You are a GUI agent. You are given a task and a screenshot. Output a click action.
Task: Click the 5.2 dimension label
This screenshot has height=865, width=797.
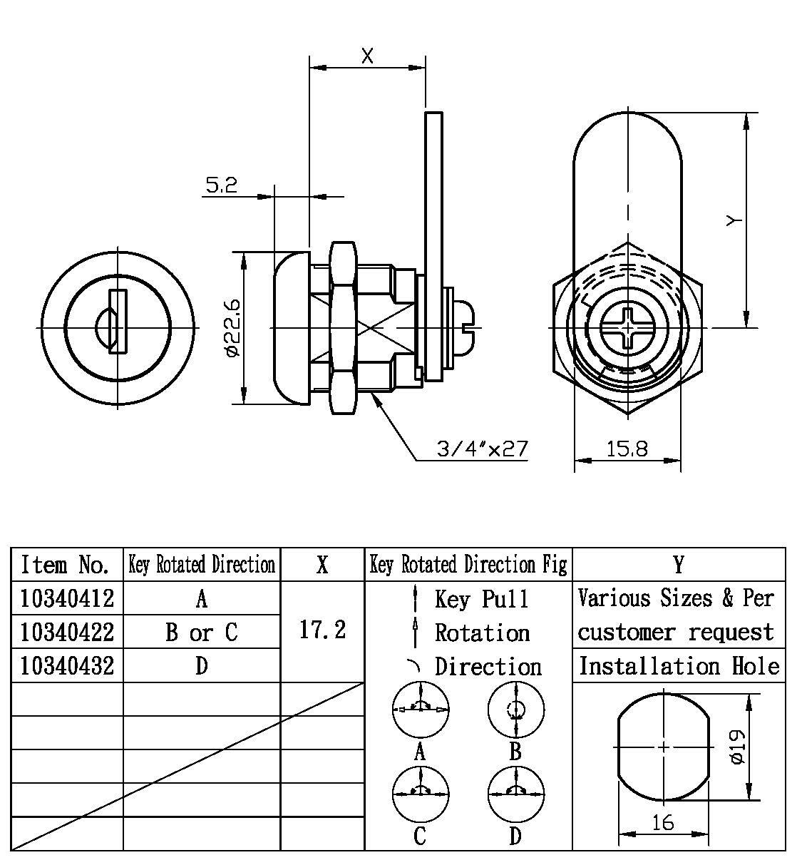pos(221,185)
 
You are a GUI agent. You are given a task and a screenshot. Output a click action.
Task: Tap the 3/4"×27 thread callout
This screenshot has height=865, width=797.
pos(482,449)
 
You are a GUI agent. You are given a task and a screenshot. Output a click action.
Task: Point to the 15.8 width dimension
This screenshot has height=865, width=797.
pos(627,449)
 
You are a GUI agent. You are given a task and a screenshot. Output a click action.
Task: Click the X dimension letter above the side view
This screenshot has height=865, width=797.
pos(367,56)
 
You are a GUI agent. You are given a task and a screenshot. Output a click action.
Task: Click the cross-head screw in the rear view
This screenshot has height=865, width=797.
pos(628,329)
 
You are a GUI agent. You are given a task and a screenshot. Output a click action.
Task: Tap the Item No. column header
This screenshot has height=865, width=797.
pos(66,565)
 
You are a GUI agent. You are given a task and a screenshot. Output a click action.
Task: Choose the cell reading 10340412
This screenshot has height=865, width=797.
pos(67,598)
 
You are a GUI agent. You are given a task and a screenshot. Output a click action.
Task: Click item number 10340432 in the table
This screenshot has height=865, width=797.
pos(67,666)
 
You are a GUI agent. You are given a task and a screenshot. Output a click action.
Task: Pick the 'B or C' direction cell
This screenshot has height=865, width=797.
pos(202,633)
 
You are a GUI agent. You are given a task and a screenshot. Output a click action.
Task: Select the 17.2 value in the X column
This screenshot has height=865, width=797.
pos(322,630)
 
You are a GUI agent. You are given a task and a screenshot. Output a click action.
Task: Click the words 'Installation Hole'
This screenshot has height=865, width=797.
pos(679,666)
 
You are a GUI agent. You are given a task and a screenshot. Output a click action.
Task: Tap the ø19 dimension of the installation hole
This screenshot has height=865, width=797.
pos(738,747)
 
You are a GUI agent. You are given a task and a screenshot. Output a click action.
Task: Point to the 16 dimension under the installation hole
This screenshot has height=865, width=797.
pos(662,822)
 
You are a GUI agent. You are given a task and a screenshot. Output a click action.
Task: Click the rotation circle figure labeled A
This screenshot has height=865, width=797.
pos(421,710)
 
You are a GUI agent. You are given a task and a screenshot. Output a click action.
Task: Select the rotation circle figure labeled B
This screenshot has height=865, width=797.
pos(515,710)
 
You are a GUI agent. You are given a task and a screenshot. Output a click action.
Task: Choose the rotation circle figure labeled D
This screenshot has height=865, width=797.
pos(515,794)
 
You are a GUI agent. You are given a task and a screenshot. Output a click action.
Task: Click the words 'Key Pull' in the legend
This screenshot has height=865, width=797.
pos(482,598)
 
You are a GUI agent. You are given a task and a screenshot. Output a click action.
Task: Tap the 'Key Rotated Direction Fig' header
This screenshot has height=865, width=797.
pos(468,565)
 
